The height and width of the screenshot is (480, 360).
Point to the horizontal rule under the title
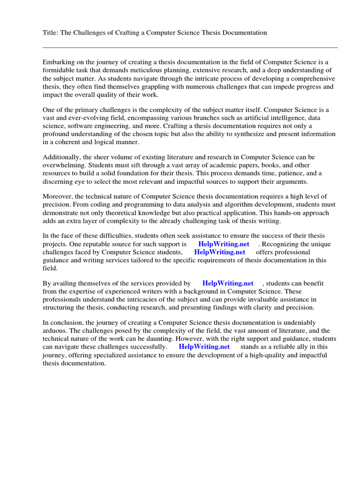[x=190, y=47]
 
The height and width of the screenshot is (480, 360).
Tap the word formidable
[x=59, y=70]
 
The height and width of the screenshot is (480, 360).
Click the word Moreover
[x=58, y=196]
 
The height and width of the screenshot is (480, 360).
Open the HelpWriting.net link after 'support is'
[x=224, y=244]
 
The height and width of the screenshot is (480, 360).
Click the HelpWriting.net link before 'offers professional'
[x=219, y=252]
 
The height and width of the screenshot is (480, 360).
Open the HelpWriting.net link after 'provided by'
[x=228, y=283]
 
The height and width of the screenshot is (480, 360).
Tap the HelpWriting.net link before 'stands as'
[x=204, y=346]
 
